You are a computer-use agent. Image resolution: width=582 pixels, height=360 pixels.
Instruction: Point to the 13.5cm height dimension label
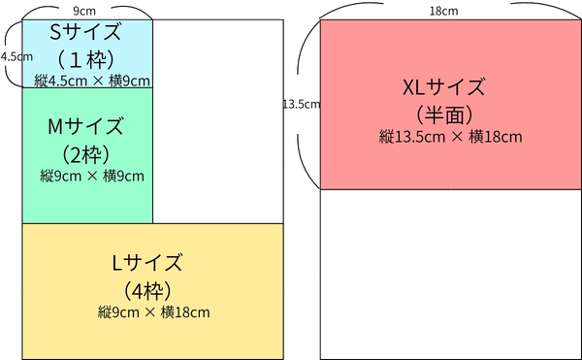click(301, 104)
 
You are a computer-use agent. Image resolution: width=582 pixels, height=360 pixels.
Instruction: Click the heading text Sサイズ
click(86, 31)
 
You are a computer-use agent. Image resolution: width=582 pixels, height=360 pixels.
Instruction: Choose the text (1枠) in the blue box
click(86, 56)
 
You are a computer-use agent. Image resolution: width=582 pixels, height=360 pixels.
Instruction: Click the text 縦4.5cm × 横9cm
click(91, 79)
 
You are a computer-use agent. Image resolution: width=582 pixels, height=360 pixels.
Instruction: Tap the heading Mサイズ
click(86, 126)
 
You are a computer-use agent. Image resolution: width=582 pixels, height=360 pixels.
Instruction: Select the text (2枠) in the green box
click(86, 153)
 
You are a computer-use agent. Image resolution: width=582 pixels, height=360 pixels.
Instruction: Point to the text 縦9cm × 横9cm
click(91, 176)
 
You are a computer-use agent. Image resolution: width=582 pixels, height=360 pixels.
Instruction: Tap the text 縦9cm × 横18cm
click(153, 311)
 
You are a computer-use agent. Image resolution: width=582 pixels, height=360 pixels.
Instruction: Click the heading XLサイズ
click(449, 86)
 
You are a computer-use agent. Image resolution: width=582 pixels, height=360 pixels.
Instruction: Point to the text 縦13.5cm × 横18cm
click(450, 137)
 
